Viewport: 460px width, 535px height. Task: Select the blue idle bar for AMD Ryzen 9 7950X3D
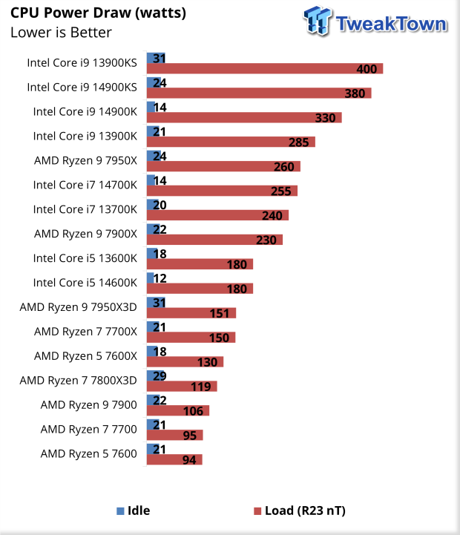pyautogui.click(x=156, y=302)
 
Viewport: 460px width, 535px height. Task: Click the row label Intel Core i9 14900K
pyautogui.click(x=85, y=111)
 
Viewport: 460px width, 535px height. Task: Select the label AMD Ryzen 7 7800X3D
pyautogui.click(x=79, y=381)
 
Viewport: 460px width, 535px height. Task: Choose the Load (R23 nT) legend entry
pyautogui.click(x=300, y=511)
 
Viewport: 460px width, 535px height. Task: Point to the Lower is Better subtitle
pyautogui.click(x=61, y=32)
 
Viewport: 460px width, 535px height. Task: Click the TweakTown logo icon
pyautogui.click(x=317, y=22)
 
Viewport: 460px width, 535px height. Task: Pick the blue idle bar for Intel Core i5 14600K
pyautogui.click(x=150, y=278)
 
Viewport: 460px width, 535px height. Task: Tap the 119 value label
pyautogui.click(x=200, y=387)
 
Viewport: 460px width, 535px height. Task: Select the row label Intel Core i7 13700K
pyautogui.click(x=85, y=209)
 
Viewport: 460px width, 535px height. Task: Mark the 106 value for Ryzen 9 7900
pyautogui.click(x=192, y=411)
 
